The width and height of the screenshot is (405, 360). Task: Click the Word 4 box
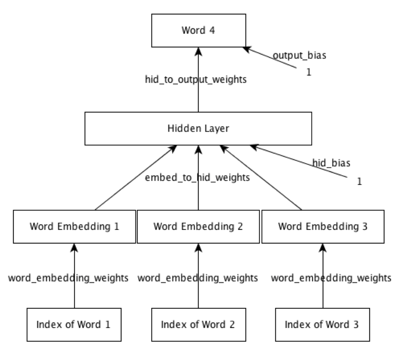[198, 31]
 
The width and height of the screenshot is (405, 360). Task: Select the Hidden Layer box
[198, 128]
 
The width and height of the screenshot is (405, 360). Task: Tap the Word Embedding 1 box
[74, 227]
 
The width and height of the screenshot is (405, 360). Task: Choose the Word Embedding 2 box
[198, 227]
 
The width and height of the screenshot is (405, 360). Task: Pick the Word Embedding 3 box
[323, 227]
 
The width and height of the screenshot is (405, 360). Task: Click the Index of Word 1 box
[74, 324]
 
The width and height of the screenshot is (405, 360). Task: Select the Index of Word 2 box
[198, 324]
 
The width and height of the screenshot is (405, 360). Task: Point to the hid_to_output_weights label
[196, 80]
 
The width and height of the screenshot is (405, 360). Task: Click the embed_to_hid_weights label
[197, 177]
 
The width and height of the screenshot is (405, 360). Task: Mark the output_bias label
[299, 56]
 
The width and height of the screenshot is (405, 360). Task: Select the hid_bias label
[331, 163]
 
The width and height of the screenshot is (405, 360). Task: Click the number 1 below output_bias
[309, 72]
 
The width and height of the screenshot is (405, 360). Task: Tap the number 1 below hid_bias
[359, 181]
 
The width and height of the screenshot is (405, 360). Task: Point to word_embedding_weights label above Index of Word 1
[68, 278]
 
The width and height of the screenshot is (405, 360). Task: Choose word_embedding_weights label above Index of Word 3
[331, 278]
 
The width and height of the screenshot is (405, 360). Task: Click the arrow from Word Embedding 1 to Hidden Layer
[135, 178]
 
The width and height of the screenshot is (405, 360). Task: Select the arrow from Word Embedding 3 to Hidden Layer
[262, 178]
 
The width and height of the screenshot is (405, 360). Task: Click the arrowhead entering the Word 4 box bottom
[198, 52]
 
